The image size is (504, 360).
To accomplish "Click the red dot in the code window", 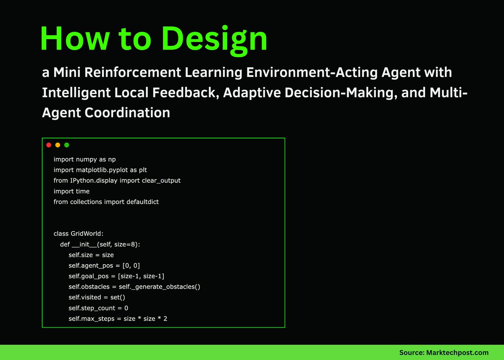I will tap(49, 145).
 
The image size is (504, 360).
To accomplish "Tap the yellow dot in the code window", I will tap(58, 145).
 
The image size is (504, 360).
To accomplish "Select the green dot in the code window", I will tap(67, 145).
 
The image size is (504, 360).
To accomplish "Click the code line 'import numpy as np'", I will tap(84, 159).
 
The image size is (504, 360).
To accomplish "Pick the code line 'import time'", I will tap(71, 191).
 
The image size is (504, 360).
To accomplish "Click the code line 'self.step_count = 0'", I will tap(98, 308).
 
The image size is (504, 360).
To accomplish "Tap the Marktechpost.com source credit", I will tap(444, 352).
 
